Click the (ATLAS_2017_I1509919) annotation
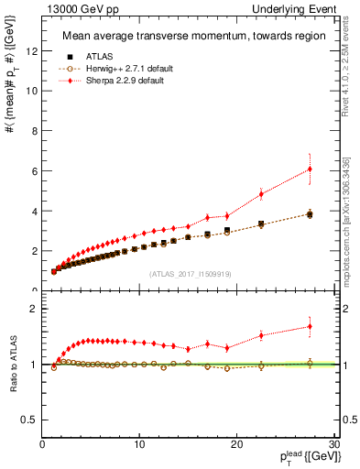click(190, 273)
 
